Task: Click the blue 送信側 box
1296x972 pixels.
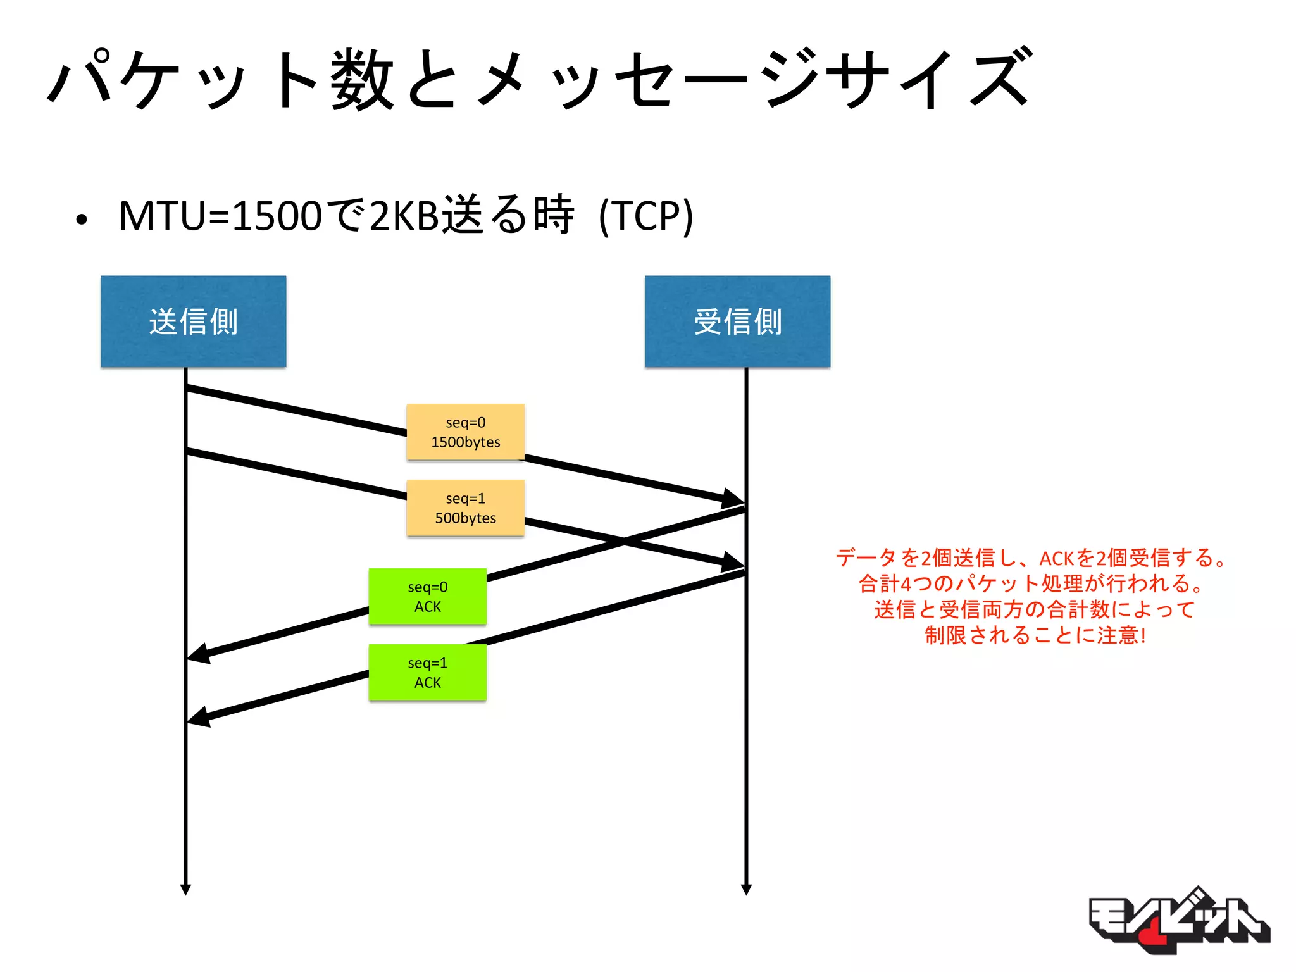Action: pyautogui.click(x=193, y=321)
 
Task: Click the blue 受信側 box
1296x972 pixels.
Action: pyautogui.click(x=737, y=321)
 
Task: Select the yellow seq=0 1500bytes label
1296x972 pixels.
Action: pyautogui.click(x=465, y=432)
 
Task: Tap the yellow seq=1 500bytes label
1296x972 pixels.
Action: pyautogui.click(x=465, y=508)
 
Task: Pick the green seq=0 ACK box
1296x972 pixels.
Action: pyautogui.click(x=427, y=597)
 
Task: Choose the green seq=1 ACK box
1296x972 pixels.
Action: pyautogui.click(x=427, y=673)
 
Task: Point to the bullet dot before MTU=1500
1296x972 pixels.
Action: pyautogui.click(x=81, y=220)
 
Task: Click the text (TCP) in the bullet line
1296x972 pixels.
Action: pyautogui.click(x=645, y=216)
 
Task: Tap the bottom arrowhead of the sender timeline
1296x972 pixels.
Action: pyautogui.click(x=185, y=888)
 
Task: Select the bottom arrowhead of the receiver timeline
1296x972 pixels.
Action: pyautogui.click(x=746, y=888)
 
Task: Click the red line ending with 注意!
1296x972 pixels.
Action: pyautogui.click(x=1035, y=635)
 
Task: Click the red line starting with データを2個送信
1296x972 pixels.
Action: pyautogui.click(x=1031, y=558)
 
